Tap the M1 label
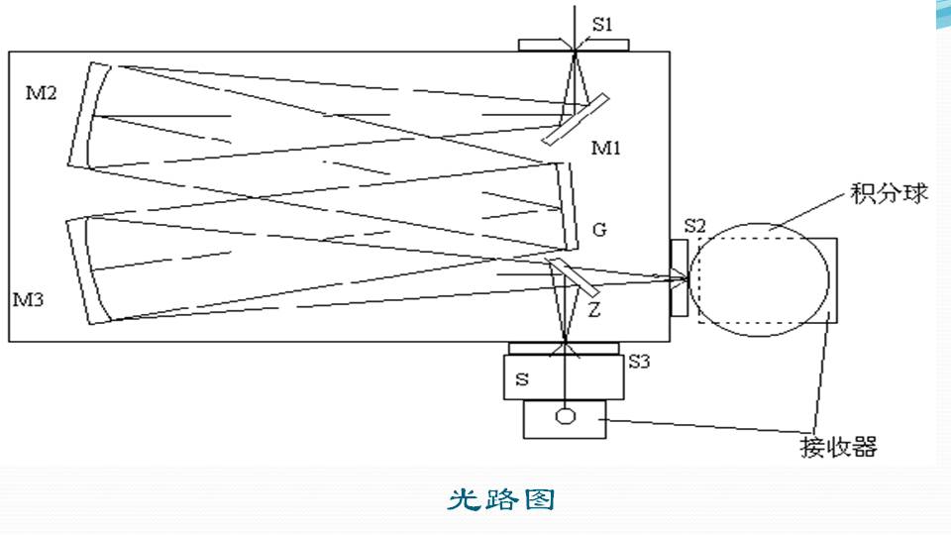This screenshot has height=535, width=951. coord(606,148)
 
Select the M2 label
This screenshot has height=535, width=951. coord(42,93)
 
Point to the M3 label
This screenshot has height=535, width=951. coord(28,297)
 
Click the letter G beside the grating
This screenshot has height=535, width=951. coord(599,230)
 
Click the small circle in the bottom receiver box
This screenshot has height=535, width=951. coord(565,415)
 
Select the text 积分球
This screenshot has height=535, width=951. coord(889,193)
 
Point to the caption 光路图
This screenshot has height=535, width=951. coord(500,499)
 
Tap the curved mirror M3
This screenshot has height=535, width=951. coord(90,270)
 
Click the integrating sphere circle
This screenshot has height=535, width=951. coord(760,280)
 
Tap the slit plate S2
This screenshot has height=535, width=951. coord(679,277)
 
